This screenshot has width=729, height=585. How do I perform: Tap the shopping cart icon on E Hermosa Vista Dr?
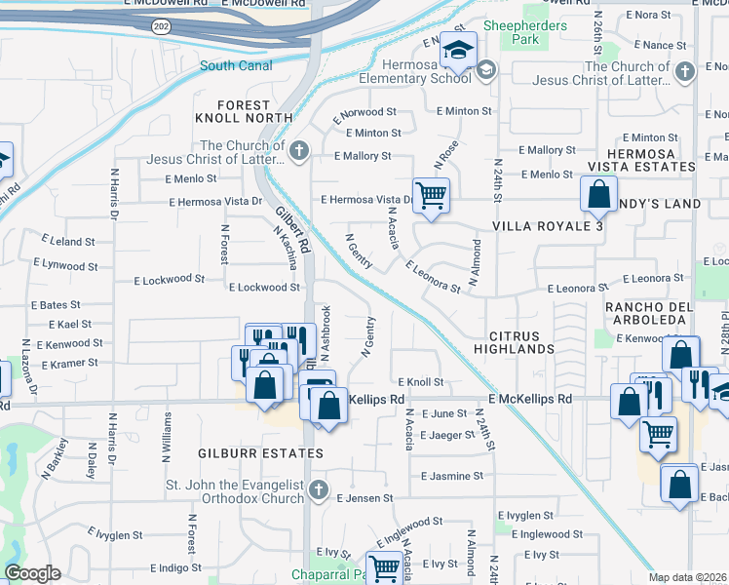(x=430, y=193)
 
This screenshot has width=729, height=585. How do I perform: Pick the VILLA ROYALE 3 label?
(x=547, y=226)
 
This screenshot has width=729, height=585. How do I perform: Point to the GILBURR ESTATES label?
(x=246, y=454)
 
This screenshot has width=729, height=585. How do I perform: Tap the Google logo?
(x=32, y=573)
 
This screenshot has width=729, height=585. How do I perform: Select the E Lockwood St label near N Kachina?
(x=263, y=288)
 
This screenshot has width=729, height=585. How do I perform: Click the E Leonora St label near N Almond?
(x=433, y=276)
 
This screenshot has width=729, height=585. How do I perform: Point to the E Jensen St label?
(x=364, y=497)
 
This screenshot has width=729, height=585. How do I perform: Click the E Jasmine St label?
(x=452, y=476)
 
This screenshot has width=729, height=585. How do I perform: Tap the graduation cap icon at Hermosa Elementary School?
(x=456, y=49)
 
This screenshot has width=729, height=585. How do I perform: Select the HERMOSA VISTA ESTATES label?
(x=651, y=161)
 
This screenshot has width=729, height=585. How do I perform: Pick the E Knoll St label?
(x=421, y=382)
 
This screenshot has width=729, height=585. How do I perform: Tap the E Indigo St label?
(x=181, y=567)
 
